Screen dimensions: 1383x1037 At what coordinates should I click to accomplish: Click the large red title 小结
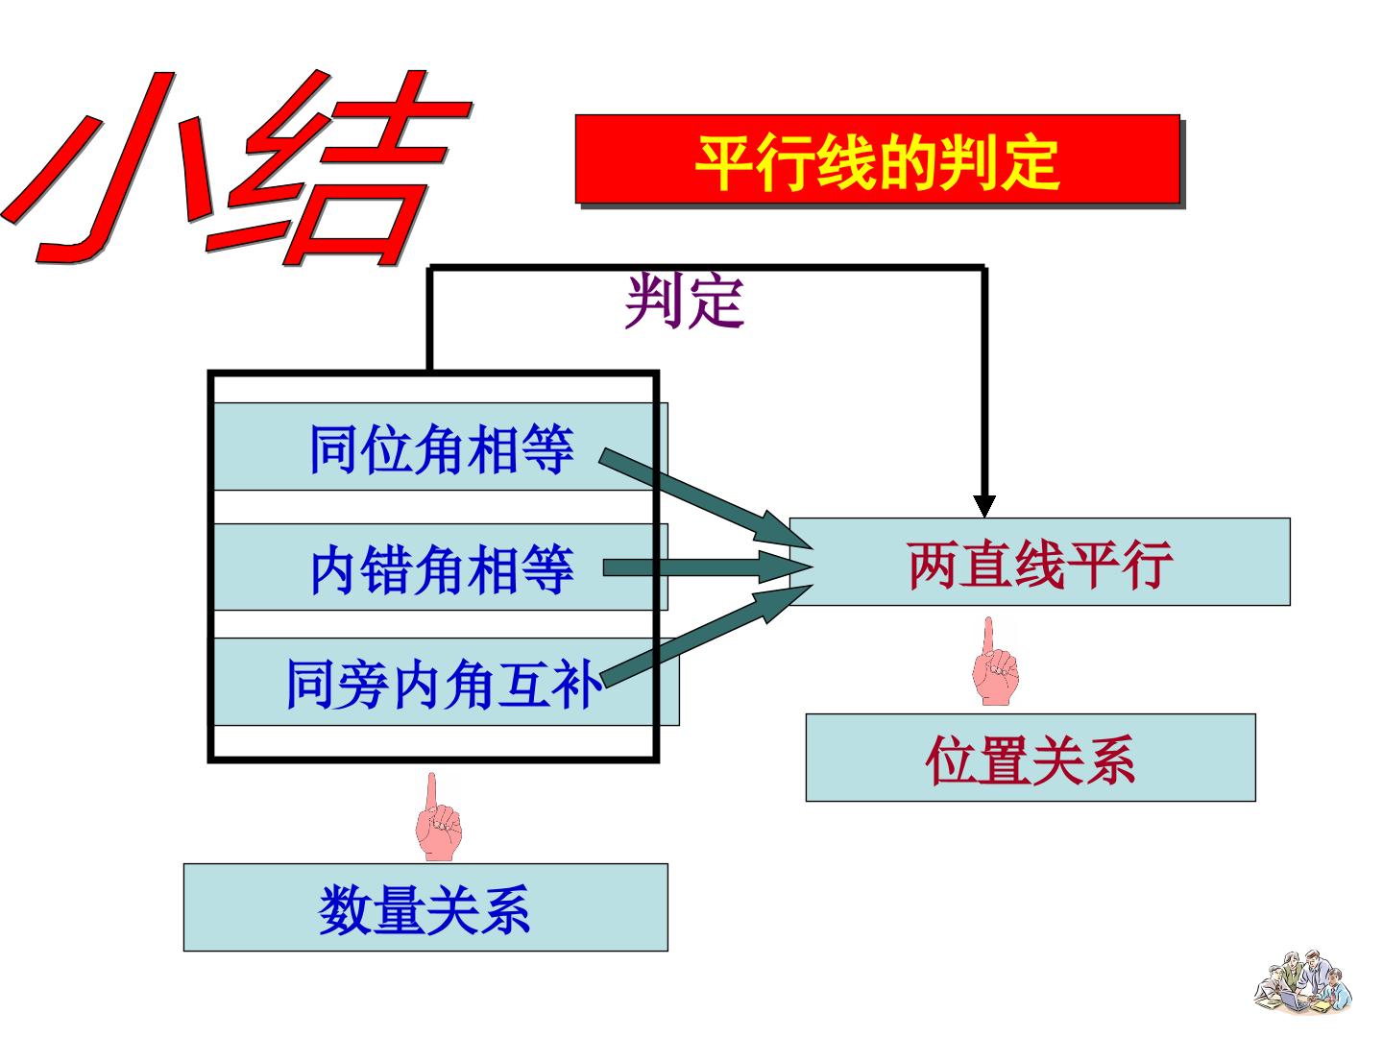236,167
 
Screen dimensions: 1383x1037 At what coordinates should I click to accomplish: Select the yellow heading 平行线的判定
877,163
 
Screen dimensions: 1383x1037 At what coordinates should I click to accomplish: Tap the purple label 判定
684,301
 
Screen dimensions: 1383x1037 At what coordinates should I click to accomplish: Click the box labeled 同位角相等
441,446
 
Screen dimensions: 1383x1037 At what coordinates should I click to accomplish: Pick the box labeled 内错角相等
441,567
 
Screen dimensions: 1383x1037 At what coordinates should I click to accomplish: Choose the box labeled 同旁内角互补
446,682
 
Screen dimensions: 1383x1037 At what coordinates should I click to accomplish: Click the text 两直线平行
1040,565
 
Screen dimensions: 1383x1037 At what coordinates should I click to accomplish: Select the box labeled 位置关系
1031,758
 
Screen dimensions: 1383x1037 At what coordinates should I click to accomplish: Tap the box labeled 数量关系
425,907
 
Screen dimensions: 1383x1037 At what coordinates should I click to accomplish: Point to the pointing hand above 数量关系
438,816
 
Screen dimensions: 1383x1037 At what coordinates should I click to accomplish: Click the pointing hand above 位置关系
995,662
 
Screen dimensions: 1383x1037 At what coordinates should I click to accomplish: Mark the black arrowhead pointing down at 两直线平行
984,506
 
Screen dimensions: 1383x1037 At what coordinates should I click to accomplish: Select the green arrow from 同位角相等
706,499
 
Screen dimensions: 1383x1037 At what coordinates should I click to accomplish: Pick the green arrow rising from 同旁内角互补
706,636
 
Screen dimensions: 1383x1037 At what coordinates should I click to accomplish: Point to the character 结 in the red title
340,167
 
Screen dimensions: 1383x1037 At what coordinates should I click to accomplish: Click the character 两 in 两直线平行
934,565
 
